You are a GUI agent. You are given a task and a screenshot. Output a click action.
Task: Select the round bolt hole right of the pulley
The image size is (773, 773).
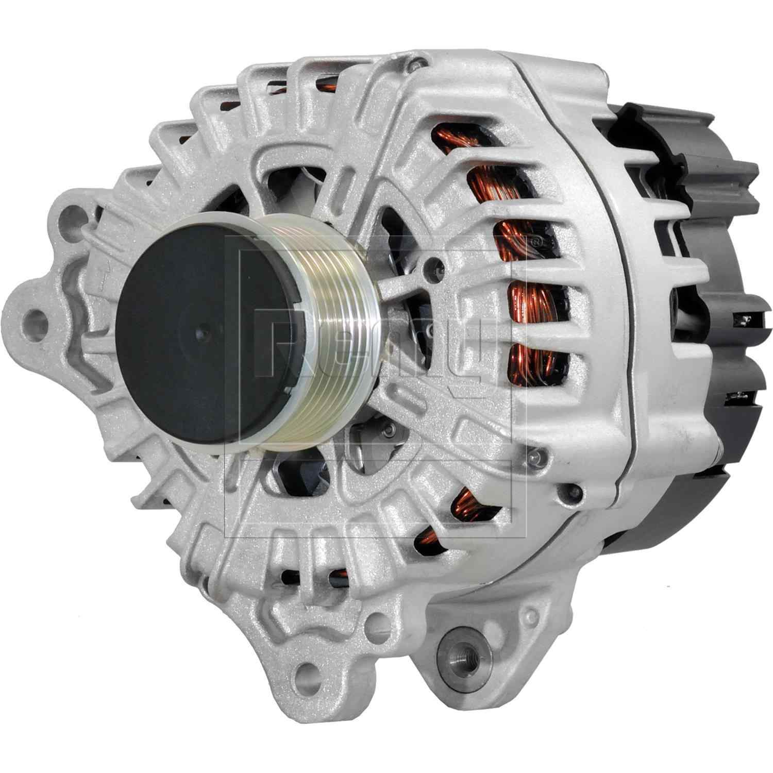click(x=439, y=266)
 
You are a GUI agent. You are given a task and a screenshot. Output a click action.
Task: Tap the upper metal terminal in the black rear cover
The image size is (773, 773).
click(x=744, y=320)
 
